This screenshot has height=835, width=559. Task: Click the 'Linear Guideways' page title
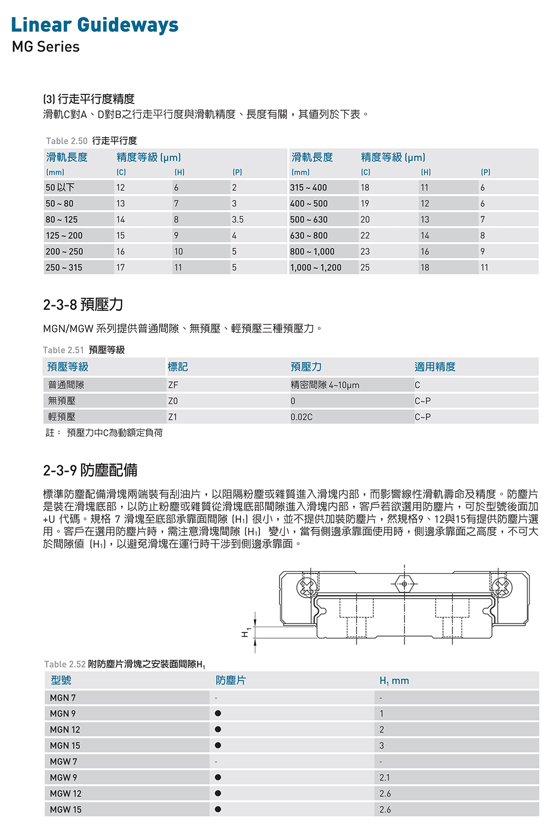94,25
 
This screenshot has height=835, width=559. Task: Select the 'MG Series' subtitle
45,47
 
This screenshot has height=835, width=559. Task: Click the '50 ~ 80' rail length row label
60,204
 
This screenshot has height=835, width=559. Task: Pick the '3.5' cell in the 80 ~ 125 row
237,219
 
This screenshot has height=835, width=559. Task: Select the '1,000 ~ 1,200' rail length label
315,267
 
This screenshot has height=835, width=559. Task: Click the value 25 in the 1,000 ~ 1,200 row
365,267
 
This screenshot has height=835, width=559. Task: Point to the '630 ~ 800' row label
309,236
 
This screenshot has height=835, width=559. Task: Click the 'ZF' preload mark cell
173,385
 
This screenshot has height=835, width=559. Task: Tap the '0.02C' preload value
302,417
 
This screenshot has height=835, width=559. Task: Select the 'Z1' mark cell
172,417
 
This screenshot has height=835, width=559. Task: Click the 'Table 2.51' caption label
63,350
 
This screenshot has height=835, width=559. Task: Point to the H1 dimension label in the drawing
245,632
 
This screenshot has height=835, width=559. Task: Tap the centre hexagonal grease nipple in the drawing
404,584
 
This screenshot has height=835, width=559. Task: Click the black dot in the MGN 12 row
218,730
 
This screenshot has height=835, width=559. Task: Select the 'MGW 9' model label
63,778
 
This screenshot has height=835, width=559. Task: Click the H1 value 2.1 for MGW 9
385,778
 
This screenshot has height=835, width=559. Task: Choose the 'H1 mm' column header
394,680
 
